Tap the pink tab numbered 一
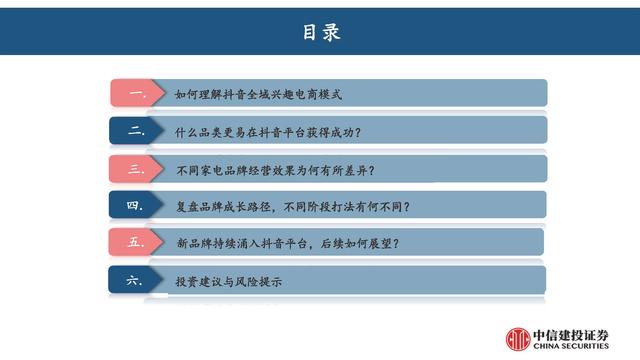pos(137,94)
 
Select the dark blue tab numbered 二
pos(137,131)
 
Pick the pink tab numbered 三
pos(137,169)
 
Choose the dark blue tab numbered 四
pos(137,206)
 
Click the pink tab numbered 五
pos(137,243)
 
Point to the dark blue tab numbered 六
pos(137,281)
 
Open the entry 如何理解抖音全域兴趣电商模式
pos(258,94)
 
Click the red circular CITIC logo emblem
pos(519,338)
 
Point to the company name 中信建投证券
pos(573,333)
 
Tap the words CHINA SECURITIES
pos(573,346)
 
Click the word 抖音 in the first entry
pos(247,94)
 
